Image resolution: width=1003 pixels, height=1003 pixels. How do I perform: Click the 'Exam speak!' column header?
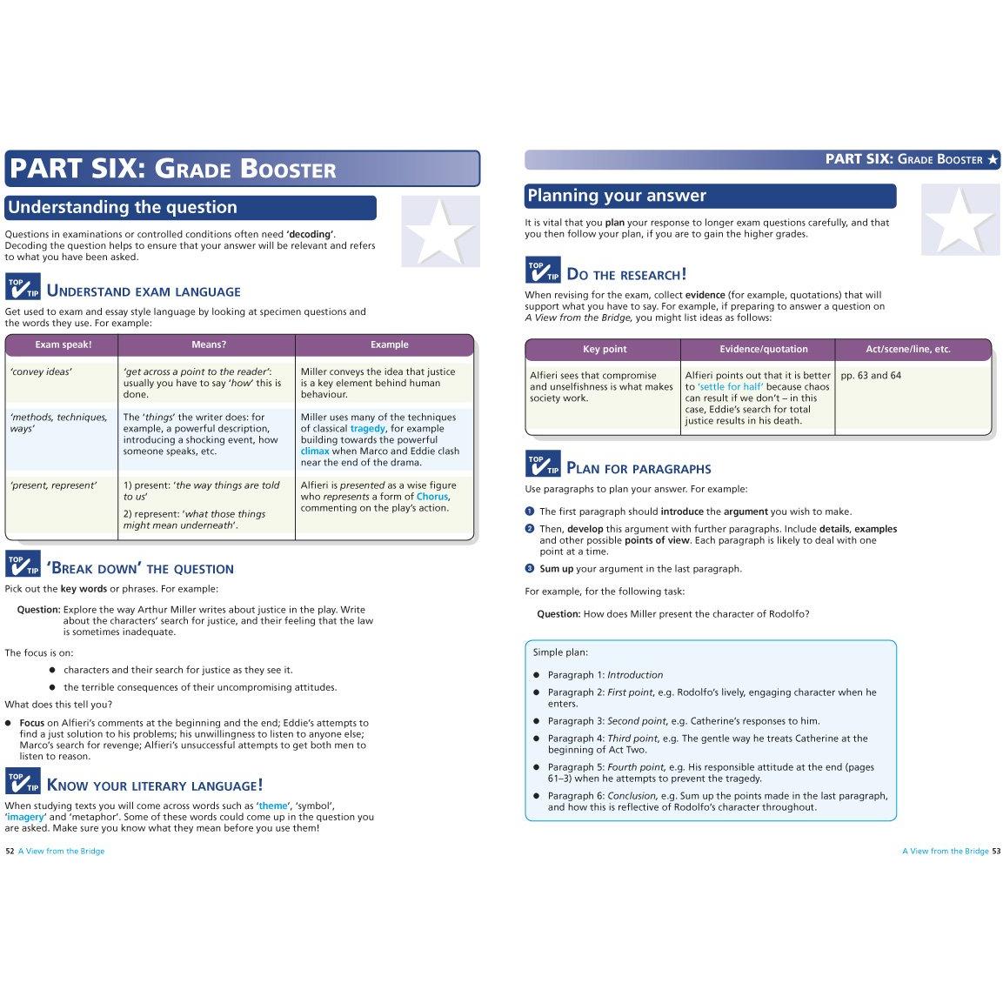click(63, 344)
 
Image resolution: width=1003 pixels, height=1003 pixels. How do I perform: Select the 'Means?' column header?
click(208, 344)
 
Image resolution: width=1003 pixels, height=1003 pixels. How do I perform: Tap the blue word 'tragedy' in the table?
click(367, 429)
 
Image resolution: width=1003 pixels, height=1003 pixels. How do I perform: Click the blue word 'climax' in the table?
click(315, 451)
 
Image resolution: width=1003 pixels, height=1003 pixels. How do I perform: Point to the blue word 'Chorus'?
click(431, 497)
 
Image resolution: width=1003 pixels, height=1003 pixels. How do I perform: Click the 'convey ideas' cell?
click(41, 372)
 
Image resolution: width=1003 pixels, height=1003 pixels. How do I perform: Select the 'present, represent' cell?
click(53, 485)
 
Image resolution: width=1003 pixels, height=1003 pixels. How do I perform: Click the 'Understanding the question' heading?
click(122, 208)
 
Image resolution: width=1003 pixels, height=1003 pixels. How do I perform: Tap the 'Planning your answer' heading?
click(617, 196)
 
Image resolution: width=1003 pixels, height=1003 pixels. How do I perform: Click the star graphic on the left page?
click(440, 231)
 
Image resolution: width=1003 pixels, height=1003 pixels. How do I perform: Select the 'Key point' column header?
click(605, 350)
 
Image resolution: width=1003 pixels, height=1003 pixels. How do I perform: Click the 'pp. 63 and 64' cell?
click(871, 376)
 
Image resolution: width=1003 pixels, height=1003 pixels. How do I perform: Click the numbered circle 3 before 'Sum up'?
click(529, 568)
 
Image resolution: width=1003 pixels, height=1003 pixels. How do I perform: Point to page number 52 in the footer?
click(10, 851)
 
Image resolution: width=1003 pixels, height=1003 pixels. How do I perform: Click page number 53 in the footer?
click(996, 851)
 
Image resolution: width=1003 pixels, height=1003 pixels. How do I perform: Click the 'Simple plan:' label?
click(560, 652)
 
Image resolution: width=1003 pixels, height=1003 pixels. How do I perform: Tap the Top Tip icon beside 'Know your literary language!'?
click(23, 780)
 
